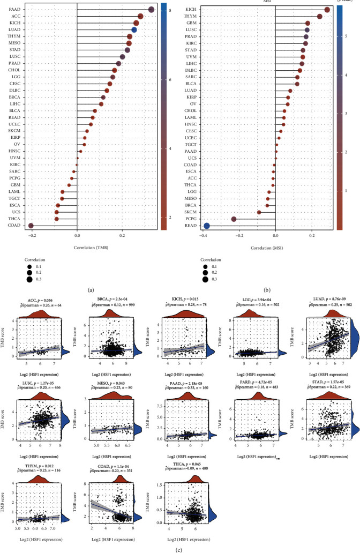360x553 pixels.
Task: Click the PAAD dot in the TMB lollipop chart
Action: tap(152, 10)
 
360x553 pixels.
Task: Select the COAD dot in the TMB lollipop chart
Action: tap(31, 226)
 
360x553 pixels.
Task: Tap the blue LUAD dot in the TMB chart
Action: tap(134, 30)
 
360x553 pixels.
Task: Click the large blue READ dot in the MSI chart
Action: tap(207, 226)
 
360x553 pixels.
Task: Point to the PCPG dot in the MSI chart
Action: tap(234, 219)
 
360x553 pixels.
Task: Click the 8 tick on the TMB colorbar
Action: tap(169, 10)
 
